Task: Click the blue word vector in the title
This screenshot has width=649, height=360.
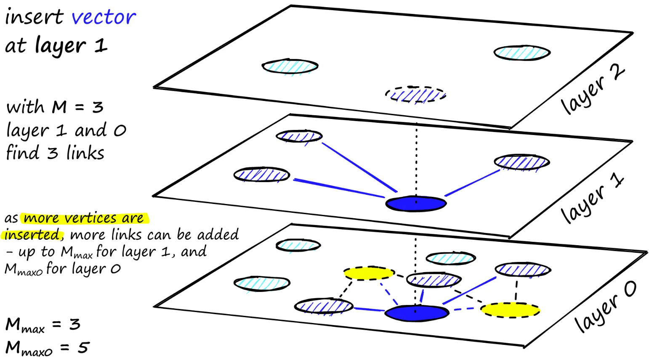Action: tap(104, 18)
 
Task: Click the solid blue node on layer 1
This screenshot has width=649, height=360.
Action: tap(416, 204)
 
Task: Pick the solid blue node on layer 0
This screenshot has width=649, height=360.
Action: tap(417, 313)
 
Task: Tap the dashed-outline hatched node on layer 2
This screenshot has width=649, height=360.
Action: tap(415, 95)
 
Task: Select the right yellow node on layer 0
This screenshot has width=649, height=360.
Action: tap(510, 310)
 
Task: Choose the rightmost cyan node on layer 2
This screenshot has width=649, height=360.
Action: tap(522, 53)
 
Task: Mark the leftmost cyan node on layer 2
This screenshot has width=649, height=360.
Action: tap(290, 66)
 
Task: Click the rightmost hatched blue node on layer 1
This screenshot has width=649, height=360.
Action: tap(522, 162)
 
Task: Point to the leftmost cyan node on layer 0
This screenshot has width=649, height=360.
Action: tap(262, 283)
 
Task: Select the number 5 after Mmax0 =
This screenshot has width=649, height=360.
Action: tap(83, 347)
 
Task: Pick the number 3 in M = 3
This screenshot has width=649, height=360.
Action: tap(98, 107)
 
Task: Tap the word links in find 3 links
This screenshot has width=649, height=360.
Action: tap(85, 153)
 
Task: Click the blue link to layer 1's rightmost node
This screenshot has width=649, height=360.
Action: tap(472, 183)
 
